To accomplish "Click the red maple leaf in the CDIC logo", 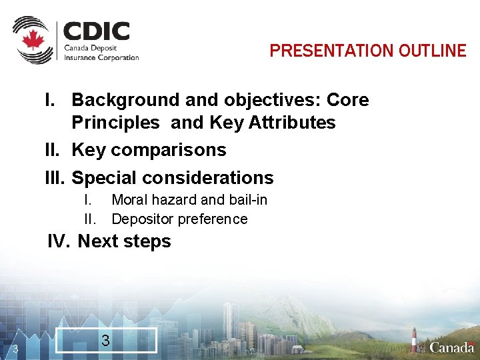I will click(32, 40).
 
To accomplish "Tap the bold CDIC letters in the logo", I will click(97, 31).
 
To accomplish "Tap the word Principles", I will click(115, 123).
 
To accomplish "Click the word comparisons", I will click(169, 150).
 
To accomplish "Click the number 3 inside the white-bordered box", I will click(105, 340).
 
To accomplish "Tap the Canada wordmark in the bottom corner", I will click(452, 347).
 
